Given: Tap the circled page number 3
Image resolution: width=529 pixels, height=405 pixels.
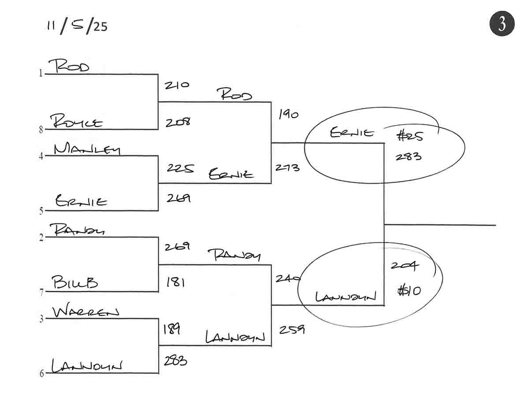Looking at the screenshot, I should pos(502,24).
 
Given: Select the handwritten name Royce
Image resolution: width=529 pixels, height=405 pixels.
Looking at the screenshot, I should pos(76,121).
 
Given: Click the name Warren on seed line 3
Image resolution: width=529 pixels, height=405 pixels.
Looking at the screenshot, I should pos(86,312).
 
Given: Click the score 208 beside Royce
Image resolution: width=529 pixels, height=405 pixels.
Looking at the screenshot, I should pos(178,122).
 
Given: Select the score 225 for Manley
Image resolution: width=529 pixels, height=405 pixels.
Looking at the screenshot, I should pos(180,168).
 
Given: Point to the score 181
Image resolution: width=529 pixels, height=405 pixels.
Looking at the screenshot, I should pos(175,282).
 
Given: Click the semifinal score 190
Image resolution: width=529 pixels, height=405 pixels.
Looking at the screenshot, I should pos(288,115).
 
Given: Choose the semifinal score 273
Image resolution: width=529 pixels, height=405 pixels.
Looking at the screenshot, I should pos(287,167).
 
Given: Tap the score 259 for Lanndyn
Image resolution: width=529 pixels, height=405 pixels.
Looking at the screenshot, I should pos(291,329).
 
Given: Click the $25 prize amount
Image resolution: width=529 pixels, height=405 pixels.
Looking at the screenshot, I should pos(410,136).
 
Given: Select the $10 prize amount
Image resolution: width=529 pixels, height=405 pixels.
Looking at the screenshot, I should pos(409,291).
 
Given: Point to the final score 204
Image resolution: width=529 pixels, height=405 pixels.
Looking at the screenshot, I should pos(405,266).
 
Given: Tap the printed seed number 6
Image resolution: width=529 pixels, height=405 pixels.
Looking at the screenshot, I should pos(42,374).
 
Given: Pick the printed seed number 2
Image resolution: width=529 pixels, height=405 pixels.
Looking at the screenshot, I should pos(41,238).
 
